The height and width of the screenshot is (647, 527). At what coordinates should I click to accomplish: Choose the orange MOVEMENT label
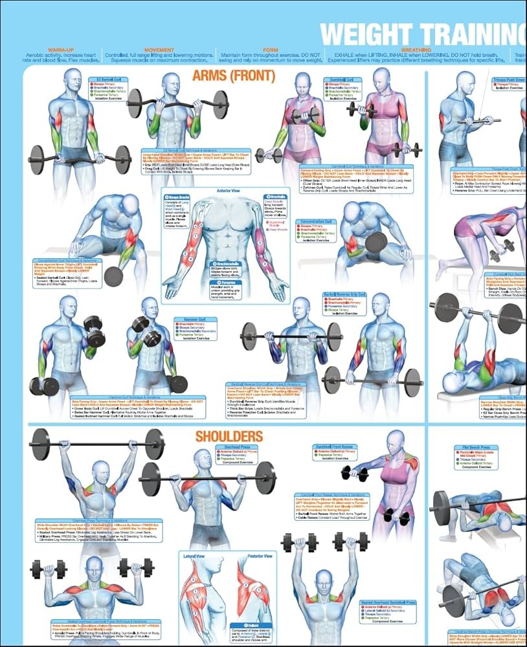[159, 50]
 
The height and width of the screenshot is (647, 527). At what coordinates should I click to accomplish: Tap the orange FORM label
[271, 50]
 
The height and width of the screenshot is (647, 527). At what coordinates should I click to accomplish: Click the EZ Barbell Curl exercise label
[105, 80]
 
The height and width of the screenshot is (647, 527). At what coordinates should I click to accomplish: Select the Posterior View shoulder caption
[259, 555]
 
